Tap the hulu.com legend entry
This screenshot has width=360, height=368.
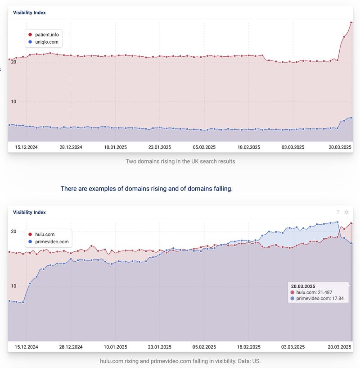point(45,234)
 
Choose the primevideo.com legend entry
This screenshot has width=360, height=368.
point(51,242)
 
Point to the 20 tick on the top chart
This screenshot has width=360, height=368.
point(14,62)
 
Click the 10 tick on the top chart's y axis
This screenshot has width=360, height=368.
point(14,102)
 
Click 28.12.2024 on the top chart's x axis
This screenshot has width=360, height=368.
point(71,147)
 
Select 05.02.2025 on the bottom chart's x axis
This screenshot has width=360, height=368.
point(204,347)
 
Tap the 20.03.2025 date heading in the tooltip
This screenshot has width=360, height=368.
point(303,286)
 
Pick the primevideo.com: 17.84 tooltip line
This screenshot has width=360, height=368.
point(319,298)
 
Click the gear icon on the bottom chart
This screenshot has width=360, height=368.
point(346,212)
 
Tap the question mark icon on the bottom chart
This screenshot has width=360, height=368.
point(338,212)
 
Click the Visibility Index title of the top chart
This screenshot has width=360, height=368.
point(29,13)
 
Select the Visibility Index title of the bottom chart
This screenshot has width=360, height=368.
point(29,212)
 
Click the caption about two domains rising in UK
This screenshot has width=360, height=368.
point(180,161)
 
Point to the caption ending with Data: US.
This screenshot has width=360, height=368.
point(180,361)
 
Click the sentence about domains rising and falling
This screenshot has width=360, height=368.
point(147,189)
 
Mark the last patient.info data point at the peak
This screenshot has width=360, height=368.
point(351,22)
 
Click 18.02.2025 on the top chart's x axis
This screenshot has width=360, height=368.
point(249,147)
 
